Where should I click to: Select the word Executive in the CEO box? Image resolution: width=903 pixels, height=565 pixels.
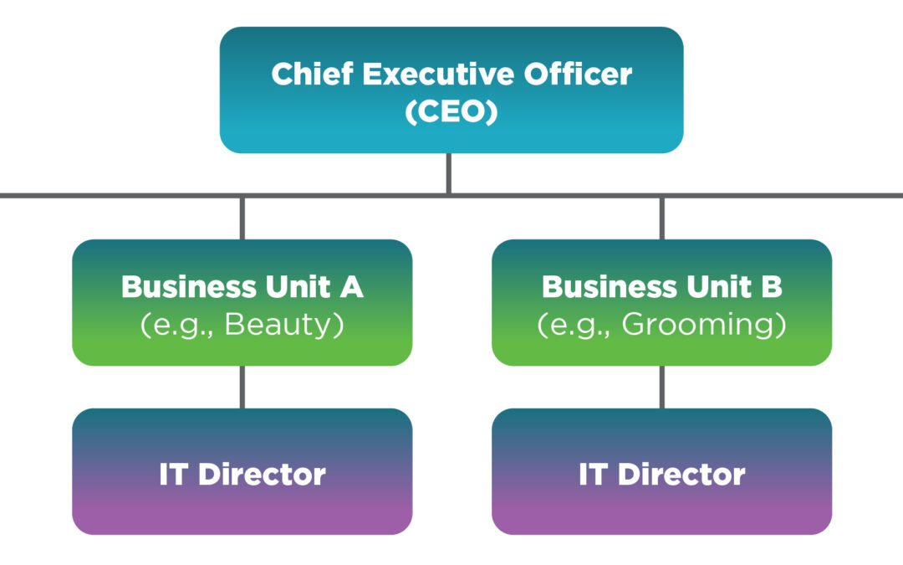click(427, 74)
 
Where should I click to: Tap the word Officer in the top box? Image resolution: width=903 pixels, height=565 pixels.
click(579, 74)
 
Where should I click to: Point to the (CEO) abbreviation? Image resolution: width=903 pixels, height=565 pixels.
click(451, 111)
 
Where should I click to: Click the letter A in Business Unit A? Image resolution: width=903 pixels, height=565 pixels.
click(352, 287)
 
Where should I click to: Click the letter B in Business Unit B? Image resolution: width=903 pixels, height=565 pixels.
click(772, 287)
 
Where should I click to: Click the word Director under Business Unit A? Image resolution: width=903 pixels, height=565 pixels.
click(263, 475)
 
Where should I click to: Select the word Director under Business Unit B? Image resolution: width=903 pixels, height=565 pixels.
click(682, 475)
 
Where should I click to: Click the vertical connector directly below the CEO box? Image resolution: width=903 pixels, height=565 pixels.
click(449, 173)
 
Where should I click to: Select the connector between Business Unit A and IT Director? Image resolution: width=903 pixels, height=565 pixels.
click(242, 387)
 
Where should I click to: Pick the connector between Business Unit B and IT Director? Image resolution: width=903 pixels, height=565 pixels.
click(662, 387)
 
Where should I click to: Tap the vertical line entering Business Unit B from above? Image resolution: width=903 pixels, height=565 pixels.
click(662, 218)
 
